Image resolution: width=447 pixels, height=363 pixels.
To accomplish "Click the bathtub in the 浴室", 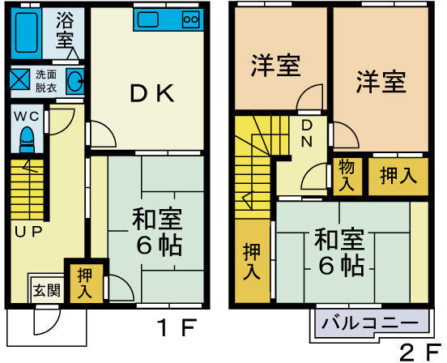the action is coord(26,33).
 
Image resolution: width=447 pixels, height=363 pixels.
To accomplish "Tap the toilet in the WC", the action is coord(27,139).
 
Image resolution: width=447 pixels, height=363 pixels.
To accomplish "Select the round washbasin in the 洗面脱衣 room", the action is coord(75,81).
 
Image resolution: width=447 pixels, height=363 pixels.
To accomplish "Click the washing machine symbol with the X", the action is coord(19,79).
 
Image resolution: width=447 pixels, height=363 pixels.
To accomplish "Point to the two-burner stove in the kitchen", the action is coord(191,19).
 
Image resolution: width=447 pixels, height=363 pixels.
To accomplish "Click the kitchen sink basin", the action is coord(148,19).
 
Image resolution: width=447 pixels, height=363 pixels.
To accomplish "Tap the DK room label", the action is coord(152,93).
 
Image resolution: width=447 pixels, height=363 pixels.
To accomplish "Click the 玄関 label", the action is coord(47,291).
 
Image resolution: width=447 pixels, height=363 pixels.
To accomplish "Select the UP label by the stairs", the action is coord(28,232).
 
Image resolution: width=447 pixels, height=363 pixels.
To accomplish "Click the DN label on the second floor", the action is coord(307,134).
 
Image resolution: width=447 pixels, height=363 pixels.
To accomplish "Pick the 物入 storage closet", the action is coord(347,177).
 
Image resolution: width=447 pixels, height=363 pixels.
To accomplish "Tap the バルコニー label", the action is coord(370,323).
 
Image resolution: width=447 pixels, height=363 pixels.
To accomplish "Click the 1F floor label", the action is coord(177,328).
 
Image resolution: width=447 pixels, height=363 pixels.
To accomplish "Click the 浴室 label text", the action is coord(65,31).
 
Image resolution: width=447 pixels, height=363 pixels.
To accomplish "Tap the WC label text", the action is coord(27,117).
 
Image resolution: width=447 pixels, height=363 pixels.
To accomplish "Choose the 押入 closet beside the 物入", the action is coord(398,177).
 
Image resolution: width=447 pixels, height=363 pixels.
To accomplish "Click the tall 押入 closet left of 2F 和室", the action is coord(253,261).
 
